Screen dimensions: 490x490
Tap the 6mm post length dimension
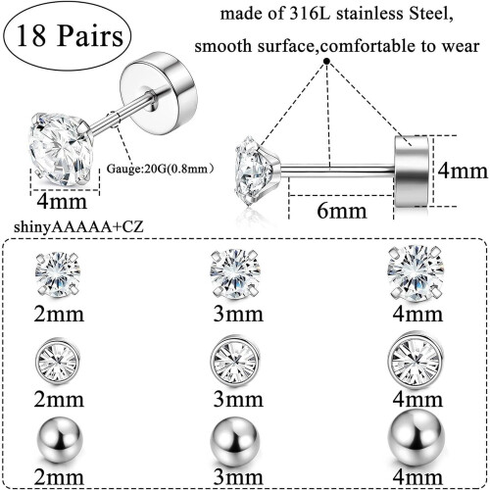pos(342,211)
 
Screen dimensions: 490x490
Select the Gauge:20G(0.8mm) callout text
pos(160,169)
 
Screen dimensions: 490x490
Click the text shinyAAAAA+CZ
pos(78,227)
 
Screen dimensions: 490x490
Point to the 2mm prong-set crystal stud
pos(58,273)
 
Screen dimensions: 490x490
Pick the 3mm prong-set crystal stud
pos(235,273)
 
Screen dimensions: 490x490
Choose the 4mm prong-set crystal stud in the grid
pos(416,273)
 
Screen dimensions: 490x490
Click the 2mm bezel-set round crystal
pos(58,360)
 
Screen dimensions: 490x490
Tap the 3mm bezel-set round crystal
pos(235,360)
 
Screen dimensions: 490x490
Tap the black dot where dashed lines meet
pos(326,61)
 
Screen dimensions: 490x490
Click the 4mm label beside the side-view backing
pos(463,171)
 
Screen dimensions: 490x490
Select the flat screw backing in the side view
pos(412,171)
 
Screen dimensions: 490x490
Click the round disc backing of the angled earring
pos(159,84)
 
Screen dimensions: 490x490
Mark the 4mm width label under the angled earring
pos(62,201)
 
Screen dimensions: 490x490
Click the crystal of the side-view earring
pos(257,171)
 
